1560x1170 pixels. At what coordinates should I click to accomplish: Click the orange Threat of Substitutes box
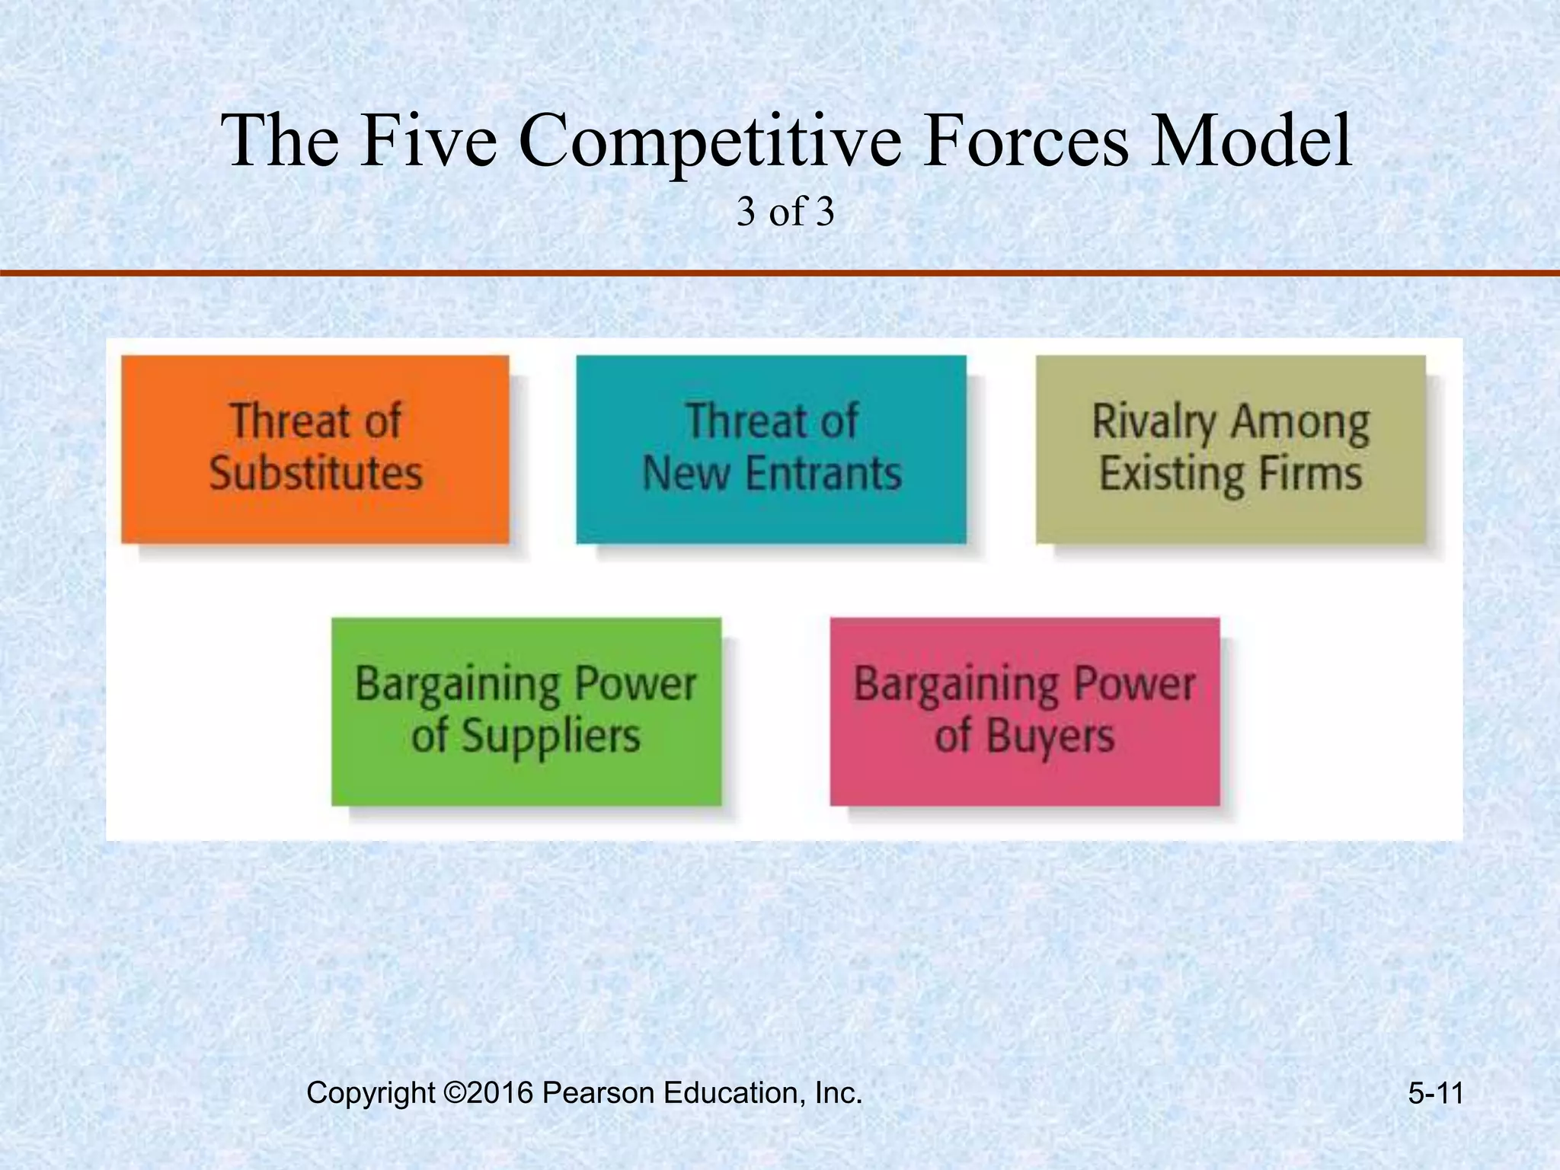click(x=315, y=449)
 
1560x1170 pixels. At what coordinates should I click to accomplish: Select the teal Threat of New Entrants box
click(x=771, y=449)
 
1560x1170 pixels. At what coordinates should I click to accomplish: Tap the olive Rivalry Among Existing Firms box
click(x=1230, y=449)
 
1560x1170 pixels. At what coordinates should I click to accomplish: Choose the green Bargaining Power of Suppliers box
click(x=526, y=711)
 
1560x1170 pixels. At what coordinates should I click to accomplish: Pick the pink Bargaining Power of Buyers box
click(x=1025, y=711)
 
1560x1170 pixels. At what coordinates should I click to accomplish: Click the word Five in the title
click(x=429, y=141)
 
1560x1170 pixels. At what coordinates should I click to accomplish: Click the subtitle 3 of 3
click(x=785, y=213)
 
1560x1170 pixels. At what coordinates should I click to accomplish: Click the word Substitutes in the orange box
click(x=316, y=473)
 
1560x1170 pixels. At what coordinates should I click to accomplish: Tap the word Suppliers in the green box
click(x=551, y=737)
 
